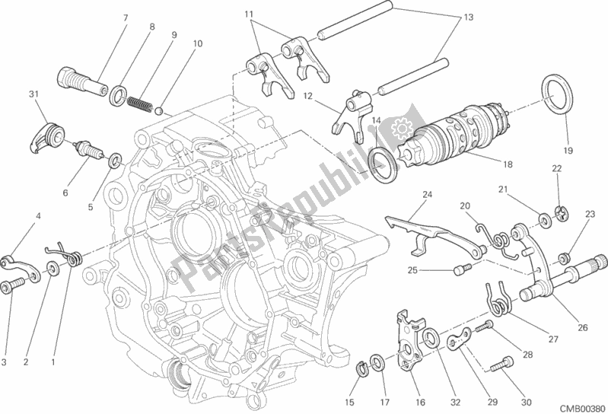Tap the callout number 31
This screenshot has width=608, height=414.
[33, 94]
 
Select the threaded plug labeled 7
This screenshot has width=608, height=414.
[81, 81]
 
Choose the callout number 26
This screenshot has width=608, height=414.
[583, 328]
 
